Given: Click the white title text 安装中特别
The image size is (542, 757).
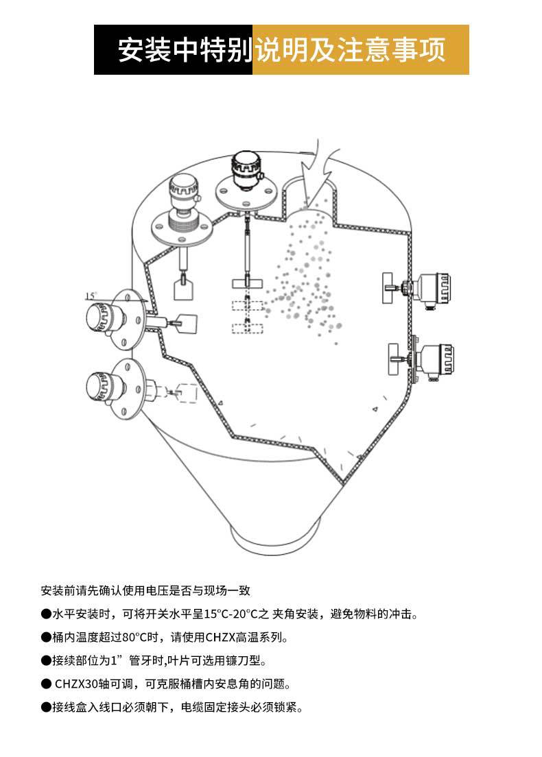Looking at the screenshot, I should (x=184, y=50).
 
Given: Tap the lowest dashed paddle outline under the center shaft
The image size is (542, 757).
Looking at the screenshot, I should (x=247, y=328).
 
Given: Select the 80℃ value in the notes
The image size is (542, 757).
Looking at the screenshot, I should (x=139, y=637).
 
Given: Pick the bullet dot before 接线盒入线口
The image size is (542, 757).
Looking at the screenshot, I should (x=46, y=707).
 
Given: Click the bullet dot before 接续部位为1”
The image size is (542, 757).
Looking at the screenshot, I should (x=46, y=660).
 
